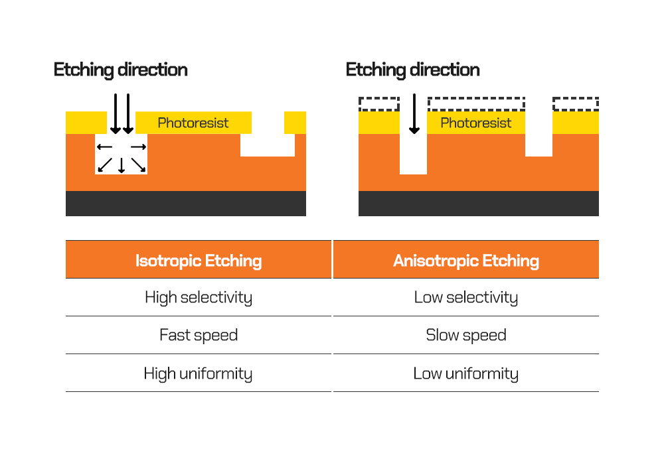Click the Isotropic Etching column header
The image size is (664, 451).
coord(199,260)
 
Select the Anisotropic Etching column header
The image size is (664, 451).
coord(465,260)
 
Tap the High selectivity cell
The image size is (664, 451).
coord(199,297)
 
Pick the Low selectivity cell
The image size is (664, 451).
coord(465,297)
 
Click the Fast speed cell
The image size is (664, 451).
coord(199,335)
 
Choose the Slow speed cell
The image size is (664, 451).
coord(465,335)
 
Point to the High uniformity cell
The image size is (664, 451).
coord(199,373)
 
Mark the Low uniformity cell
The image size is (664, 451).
coord(465,373)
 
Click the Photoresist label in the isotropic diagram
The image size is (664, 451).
coord(193,123)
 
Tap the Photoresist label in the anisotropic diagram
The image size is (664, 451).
coord(475,123)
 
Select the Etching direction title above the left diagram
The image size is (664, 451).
coord(120,70)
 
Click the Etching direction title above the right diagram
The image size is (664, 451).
coord(412,70)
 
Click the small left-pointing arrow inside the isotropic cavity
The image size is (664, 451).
coord(105,147)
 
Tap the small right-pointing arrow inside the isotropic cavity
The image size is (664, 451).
coord(138,147)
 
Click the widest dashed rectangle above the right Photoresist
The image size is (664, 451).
coord(476,103)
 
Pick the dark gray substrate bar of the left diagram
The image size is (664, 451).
coord(186,204)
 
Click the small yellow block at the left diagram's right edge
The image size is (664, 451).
coord(295,123)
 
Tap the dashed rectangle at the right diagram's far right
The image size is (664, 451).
coord(576,103)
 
